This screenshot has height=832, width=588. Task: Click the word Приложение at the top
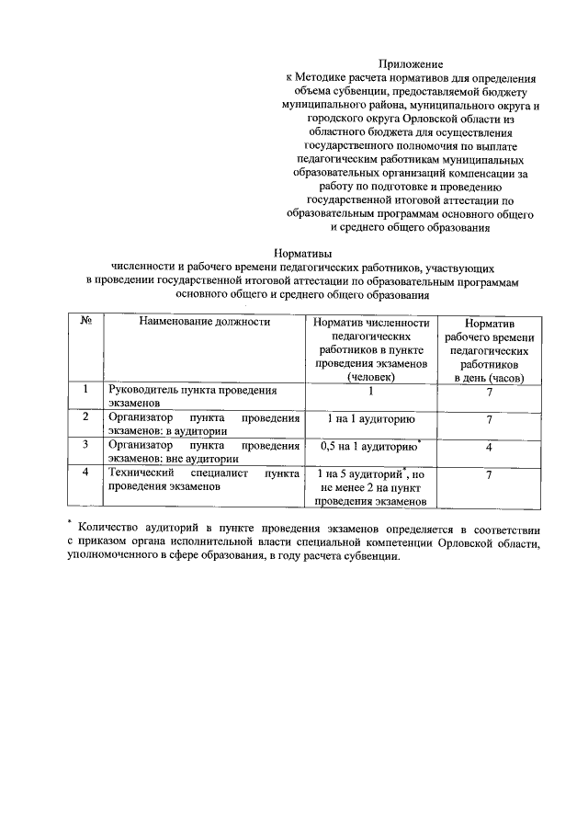pyautogui.click(x=411, y=64)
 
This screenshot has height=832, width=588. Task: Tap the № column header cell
pyautogui.click(x=84, y=322)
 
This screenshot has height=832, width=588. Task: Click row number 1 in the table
pyautogui.click(x=84, y=390)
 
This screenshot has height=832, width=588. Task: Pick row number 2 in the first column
pyautogui.click(x=84, y=416)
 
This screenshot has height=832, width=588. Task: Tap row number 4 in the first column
pyautogui.click(x=84, y=472)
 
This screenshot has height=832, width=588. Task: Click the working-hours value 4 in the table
pyautogui.click(x=489, y=447)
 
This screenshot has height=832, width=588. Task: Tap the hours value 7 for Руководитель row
pyautogui.click(x=489, y=392)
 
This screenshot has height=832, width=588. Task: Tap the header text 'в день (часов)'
pyautogui.click(x=489, y=377)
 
